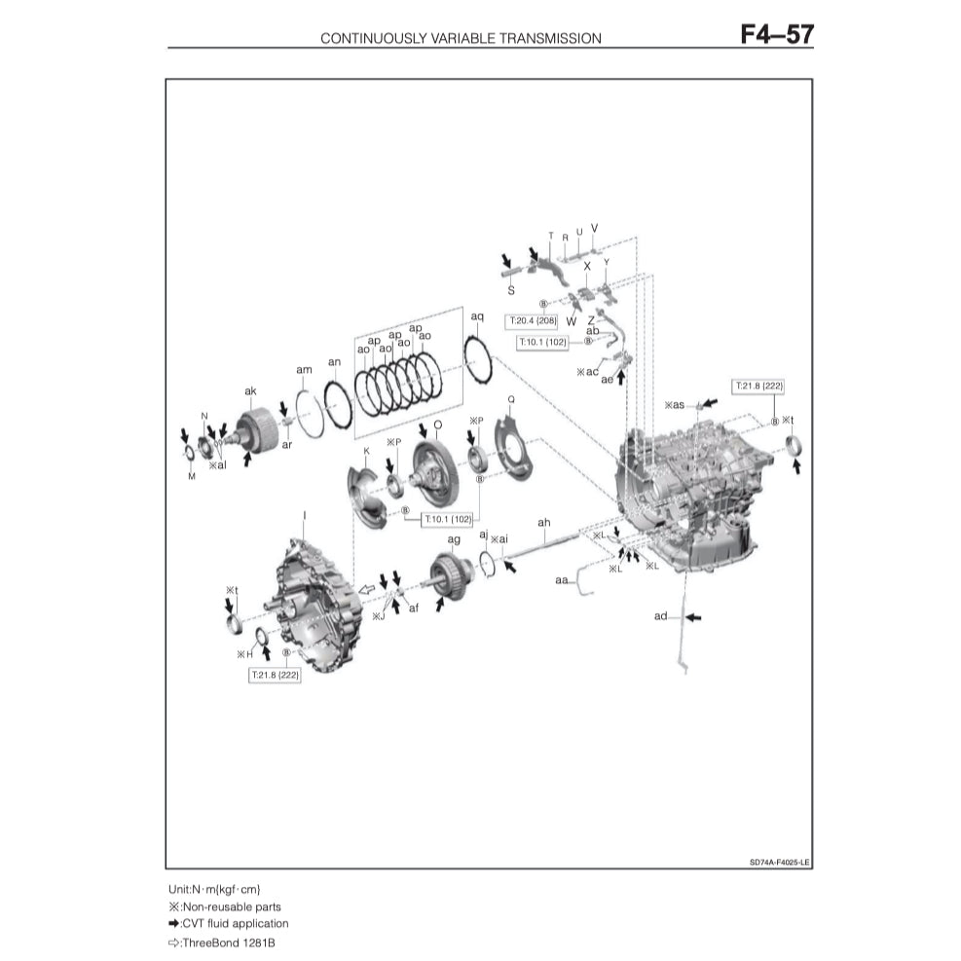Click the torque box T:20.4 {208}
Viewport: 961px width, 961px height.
click(532, 319)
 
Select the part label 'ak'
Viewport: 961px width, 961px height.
click(250, 390)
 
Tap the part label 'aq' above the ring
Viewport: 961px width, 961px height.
click(477, 316)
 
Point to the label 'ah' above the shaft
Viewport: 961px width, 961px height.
click(543, 523)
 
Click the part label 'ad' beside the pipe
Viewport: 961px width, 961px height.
click(661, 616)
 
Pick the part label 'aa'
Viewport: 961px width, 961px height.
click(562, 579)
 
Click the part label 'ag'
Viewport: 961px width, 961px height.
click(454, 539)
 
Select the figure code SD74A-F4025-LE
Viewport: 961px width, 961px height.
click(780, 862)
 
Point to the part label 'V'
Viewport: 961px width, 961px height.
click(594, 228)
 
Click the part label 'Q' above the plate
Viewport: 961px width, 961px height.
click(510, 399)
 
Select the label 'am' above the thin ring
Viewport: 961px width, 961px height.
click(304, 371)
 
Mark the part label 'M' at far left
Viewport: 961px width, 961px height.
click(192, 476)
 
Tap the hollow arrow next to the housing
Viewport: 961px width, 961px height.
click(368, 588)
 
